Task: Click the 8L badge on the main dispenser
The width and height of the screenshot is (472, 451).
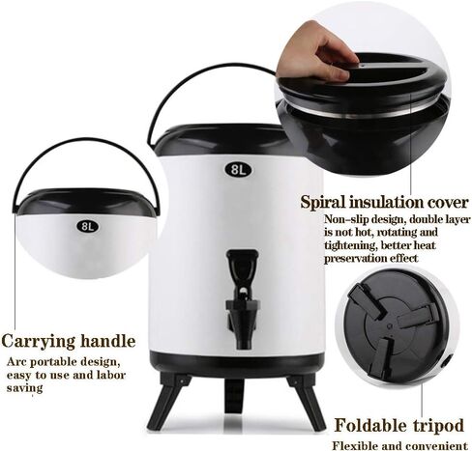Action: (x=238, y=169)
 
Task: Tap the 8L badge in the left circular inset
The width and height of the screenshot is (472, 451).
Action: (x=87, y=227)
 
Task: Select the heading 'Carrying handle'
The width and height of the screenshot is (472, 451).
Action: (x=69, y=342)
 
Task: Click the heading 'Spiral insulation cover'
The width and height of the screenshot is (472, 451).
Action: (x=384, y=203)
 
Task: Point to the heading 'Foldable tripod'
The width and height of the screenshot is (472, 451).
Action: (x=399, y=426)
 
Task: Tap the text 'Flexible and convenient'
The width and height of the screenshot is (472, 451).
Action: (x=400, y=446)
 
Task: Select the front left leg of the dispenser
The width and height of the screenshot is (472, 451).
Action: (x=165, y=401)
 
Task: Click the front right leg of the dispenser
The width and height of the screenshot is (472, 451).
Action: (x=308, y=399)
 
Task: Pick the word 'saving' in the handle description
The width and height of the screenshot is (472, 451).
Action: (x=25, y=387)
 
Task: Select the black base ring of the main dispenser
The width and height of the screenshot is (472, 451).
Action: (x=237, y=366)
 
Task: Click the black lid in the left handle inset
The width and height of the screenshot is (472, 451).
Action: (x=86, y=203)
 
